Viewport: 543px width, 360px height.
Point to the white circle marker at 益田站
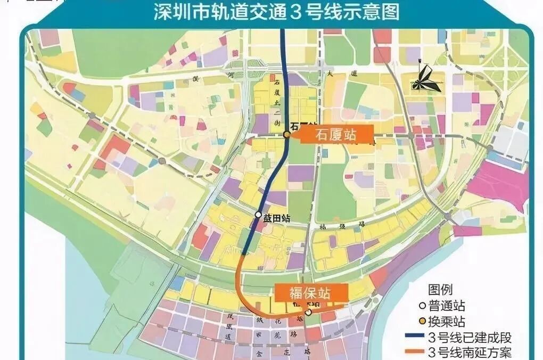258,216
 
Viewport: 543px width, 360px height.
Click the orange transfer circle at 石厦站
286,135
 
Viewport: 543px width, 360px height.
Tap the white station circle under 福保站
308,312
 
